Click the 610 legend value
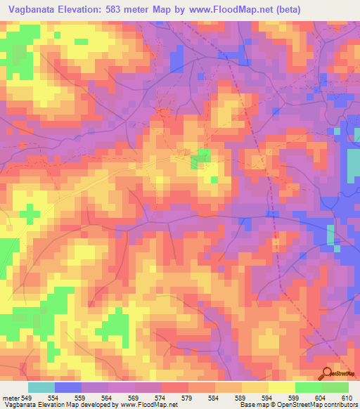346,398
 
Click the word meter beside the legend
10,398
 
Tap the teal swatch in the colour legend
41,387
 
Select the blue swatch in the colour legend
68,387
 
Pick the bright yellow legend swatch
281,387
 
